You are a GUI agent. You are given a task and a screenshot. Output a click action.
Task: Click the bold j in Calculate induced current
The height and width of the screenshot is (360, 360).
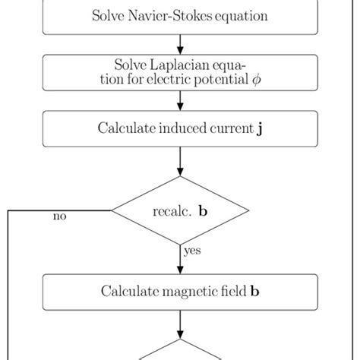(261, 128)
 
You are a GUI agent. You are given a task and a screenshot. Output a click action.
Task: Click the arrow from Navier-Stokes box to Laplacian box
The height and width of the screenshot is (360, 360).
(180, 44)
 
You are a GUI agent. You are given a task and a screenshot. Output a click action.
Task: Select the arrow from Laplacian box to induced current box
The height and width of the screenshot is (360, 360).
(180, 100)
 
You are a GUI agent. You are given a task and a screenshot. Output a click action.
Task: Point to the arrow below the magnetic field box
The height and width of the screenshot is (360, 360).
(180, 322)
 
